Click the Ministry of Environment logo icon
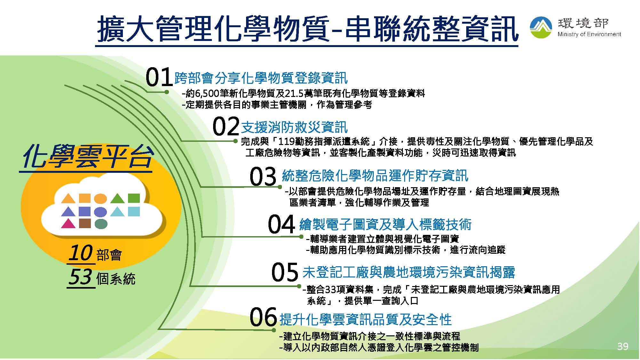click(541, 27)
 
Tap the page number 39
click(623, 346)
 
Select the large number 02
click(226, 126)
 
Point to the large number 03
click(263, 176)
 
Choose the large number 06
click(263, 317)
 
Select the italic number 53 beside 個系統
click(81, 277)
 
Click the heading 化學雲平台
click(86, 157)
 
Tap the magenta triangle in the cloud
click(68, 223)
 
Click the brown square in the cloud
click(85, 223)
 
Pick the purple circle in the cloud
click(100, 212)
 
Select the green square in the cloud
click(134, 198)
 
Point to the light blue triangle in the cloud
click(117, 212)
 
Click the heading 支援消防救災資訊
click(294, 127)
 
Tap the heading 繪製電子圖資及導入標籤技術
click(385, 224)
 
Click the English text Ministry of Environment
click(589, 34)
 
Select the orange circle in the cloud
click(100, 198)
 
